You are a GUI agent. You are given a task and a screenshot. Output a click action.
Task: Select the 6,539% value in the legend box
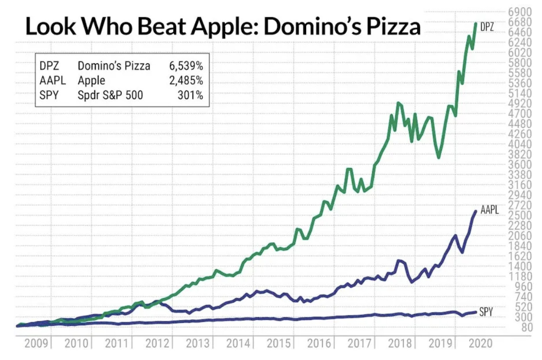coord(186,66)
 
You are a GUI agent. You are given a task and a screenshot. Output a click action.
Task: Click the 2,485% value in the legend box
coord(186,80)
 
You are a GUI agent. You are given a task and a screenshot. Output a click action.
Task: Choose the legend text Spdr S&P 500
coord(110,95)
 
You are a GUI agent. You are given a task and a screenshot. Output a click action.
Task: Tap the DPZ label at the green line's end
coord(487,27)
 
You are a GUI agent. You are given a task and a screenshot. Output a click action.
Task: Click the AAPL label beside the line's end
coord(490,210)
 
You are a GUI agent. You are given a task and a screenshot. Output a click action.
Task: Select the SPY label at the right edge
coord(486,312)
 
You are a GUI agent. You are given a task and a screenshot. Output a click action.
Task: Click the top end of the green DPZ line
coord(475,23)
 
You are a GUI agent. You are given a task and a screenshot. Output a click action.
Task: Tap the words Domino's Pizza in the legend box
coord(114,66)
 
